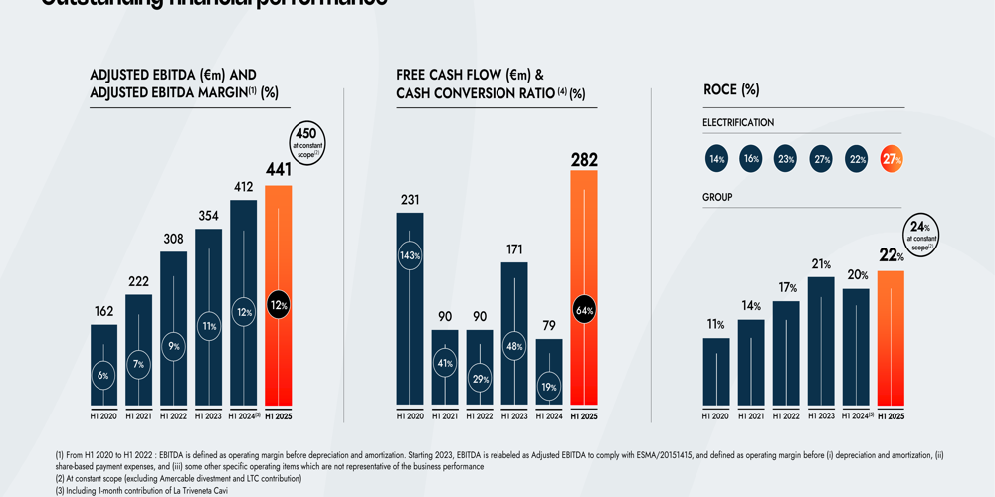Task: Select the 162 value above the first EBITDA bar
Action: tap(103, 311)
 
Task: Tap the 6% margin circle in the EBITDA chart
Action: tap(103, 375)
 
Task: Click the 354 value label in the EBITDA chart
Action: tap(208, 216)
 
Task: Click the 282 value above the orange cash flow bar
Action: tap(584, 158)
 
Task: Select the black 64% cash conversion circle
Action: tap(584, 310)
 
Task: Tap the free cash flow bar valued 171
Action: tap(514, 333)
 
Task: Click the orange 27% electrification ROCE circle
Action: tap(892, 159)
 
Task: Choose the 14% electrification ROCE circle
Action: tap(716, 159)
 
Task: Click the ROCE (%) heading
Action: tap(731, 89)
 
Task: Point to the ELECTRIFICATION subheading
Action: tap(738, 123)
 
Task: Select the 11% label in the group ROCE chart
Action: tap(715, 325)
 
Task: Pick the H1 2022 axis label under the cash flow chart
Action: tap(480, 416)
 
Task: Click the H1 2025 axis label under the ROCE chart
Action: tap(891, 416)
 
